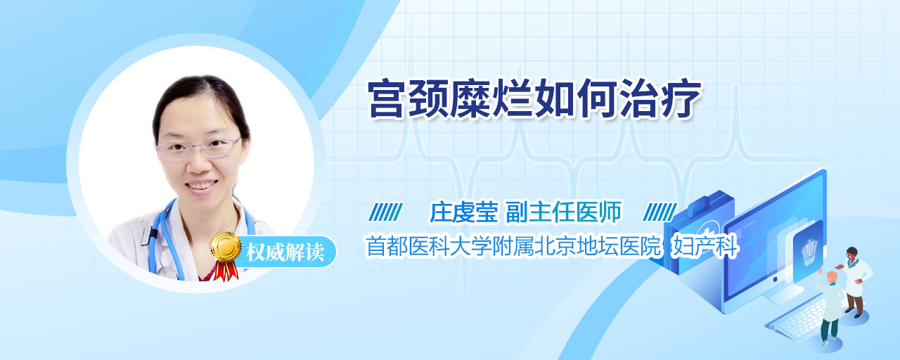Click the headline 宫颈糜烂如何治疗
click(534, 98)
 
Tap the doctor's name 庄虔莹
click(463, 212)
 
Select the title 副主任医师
click(563, 212)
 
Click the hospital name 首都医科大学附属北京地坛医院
click(513, 246)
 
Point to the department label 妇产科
click(705, 246)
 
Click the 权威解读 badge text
click(285, 252)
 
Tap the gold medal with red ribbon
click(226, 255)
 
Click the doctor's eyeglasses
click(199, 148)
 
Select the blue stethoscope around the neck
click(161, 241)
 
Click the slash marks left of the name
click(385, 212)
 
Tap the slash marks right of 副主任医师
click(660, 212)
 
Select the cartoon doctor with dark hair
click(854, 281)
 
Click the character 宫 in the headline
click(387, 98)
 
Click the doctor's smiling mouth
click(201, 186)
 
